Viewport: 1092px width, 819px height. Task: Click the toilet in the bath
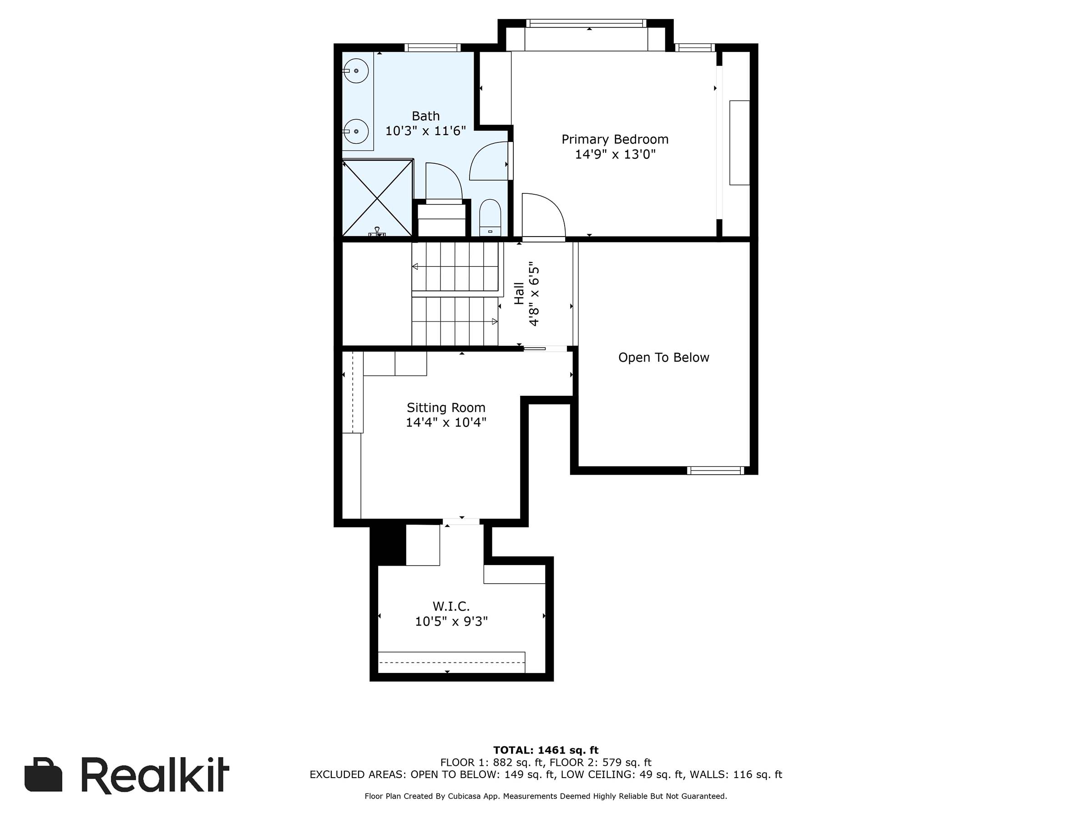pyautogui.click(x=490, y=217)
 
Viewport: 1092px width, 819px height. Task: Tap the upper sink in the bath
pyautogui.click(x=355, y=71)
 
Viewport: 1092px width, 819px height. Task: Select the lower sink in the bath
pyautogui.click(x=355, y=131)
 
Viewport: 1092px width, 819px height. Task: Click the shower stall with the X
pyautogui.click(x=378, y=198)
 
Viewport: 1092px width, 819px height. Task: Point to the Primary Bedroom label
pyautogui.click(x=615, y=139)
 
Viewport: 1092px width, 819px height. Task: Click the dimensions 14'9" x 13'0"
pyautogui.click(x=615, y=155)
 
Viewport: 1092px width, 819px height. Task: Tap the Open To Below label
pyautogui.click(x=663, y=358)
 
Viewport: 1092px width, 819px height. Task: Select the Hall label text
pyautogui.click(x=519, y=293)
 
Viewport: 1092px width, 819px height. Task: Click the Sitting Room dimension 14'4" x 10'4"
pyautogui.click(x=446, y=423)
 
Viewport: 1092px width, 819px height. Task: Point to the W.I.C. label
pyautogui.click(x=451, y=606)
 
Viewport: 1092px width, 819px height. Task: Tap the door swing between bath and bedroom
pyautogui.click(x=490, y=161)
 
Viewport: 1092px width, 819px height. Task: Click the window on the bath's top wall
pyautogui.click(x=432, y=48)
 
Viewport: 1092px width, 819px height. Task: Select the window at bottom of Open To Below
pyautogui.click(x=715, y=470)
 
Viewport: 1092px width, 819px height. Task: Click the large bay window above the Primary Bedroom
pyautogui.click(x=586, y=23)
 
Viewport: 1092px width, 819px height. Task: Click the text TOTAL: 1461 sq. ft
pyautogui.click(x=546, y=750)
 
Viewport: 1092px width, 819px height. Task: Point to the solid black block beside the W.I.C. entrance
pyautogui.click(x=388, y=545)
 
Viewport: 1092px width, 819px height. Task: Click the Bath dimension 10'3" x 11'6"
pyautogui.click(x=425, y=131)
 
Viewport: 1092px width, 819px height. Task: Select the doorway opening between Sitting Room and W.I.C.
pyautogui.click(x=461, y=521)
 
